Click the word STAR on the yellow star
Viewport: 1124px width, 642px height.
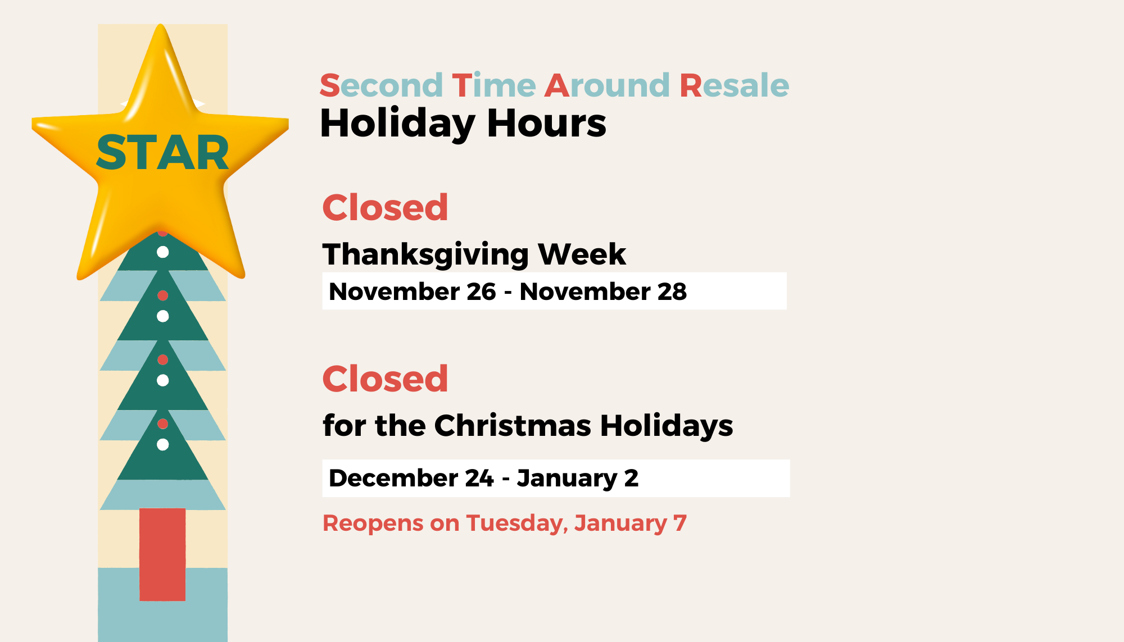pyautogui.click(x=162, y=153)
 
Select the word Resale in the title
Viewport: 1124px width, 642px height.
pyautogui.click(x=735, y=85)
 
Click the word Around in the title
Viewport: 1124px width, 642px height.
pyautogui.click(x=608, y=85)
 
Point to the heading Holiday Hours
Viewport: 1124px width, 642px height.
pyautogui.click(x=463, y=123)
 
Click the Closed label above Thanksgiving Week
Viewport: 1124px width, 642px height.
pyautogui.click(x=386, y=207)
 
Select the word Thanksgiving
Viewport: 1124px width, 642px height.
pyautogui.click(x=425, y=254)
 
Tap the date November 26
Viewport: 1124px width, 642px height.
pyautogui.click(x=413, y=292)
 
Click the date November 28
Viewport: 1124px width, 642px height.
pyautogui.click(x=603, y=292)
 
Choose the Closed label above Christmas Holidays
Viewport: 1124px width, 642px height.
pyautogui.click(x=386, y=379)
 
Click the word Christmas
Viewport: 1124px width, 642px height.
pyautogui.click(x=513, y=425)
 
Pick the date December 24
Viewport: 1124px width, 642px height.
pyautogui.click(x=411, y=479)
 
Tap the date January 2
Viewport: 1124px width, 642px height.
pyautogui.click(x=578, y=479)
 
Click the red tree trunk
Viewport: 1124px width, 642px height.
pyautogui.click(x=162, y=554)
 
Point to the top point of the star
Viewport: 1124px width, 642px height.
pyautogui.click(x=161, y=25)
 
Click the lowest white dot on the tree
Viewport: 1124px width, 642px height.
pyautogui.click(x=162, y=445)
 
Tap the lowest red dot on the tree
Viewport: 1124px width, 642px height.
pyautogui.click(x=162, y=424)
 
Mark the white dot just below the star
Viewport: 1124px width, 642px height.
pyautogui.click(x=162, y=252)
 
